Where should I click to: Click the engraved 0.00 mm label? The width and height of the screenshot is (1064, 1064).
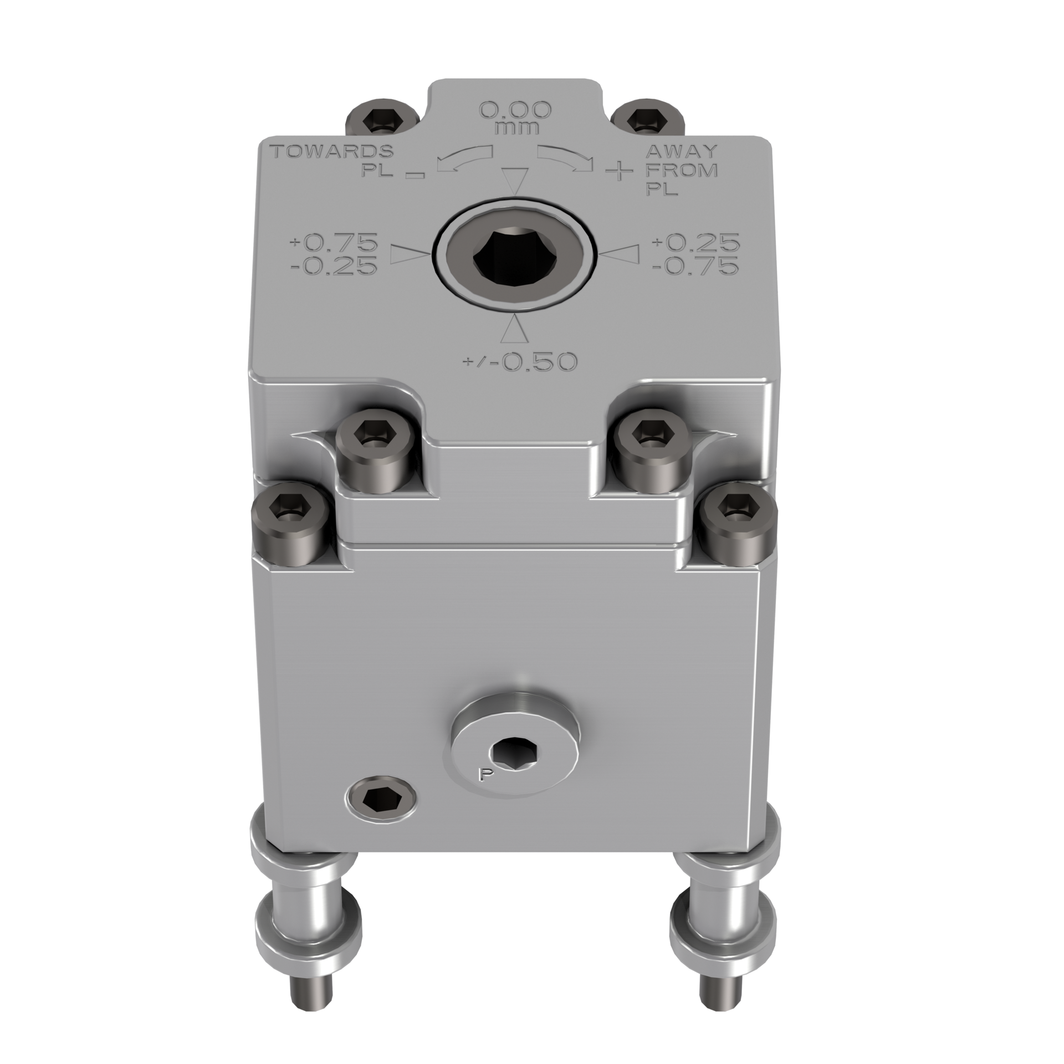(x=515, y=117)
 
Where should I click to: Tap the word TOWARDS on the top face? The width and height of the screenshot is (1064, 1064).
(x=331, y=151)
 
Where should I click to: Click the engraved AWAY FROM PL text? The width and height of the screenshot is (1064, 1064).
(x=681, y=170)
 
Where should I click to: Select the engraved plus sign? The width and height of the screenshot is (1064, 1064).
(x=618, y=172)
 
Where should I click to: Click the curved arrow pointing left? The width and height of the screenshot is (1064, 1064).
(x=464, y=158)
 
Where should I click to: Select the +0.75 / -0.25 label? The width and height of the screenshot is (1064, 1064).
(x=334, y=254)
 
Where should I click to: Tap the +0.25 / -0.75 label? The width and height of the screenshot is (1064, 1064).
(x=697, y=253)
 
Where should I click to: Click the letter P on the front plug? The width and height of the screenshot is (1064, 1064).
(x=483, y=775)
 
